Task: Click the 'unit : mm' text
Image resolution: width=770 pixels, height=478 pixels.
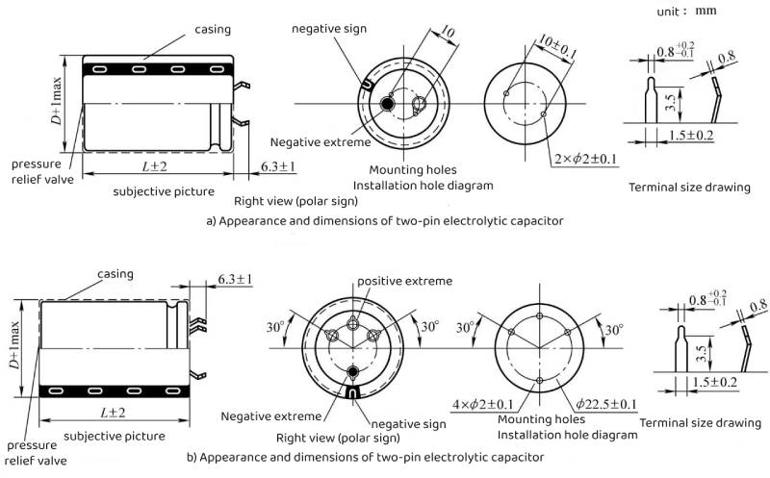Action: tap(685, 12)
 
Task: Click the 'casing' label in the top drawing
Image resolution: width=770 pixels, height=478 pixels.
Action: tap(213, 30)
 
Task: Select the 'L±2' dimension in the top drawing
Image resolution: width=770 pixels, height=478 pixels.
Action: tap(154, 168)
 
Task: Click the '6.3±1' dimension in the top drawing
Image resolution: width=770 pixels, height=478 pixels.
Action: tap(278, 168)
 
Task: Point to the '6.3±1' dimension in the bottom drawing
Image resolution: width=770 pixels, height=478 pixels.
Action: tap(234, 279)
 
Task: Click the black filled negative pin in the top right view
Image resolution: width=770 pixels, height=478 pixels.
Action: tap(387, 104)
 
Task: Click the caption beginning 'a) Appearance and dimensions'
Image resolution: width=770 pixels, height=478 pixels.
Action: tap(385, 220)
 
